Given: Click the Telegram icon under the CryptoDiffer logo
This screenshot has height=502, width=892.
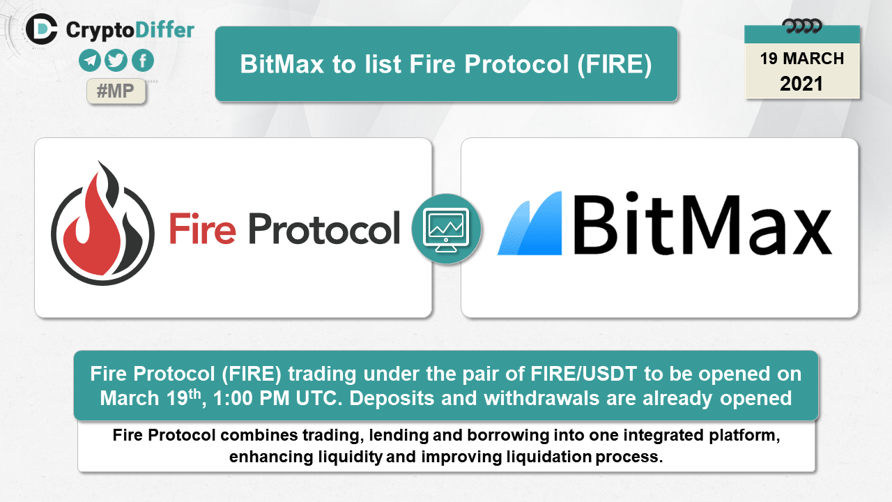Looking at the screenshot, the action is tap(90, 61).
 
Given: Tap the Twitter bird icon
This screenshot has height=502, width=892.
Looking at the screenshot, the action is tap(116, 61).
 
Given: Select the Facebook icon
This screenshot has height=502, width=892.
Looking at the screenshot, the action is tap(143, 61).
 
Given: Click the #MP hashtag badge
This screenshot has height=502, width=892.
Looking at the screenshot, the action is tap(116, 91).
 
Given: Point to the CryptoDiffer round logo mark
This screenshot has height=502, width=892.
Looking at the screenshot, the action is tap(41, 29).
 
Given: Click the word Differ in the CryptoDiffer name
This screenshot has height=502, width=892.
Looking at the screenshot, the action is tap(164, 30).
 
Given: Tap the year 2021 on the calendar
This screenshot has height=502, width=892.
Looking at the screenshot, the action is tap(801, 84).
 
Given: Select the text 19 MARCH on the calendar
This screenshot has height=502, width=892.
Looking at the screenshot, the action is tap(802, 59).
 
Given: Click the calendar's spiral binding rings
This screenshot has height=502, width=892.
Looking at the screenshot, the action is tap(802, 26).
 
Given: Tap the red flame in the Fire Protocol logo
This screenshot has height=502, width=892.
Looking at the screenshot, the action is tap(93, 227).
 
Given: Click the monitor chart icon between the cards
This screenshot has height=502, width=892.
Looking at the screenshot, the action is tap(447, 229).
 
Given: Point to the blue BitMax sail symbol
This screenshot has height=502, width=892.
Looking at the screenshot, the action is tap(530, 223).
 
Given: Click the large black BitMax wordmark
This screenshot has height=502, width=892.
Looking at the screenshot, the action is tap(702, 224).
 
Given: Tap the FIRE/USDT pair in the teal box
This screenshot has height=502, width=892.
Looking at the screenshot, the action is tap(584, 374).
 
